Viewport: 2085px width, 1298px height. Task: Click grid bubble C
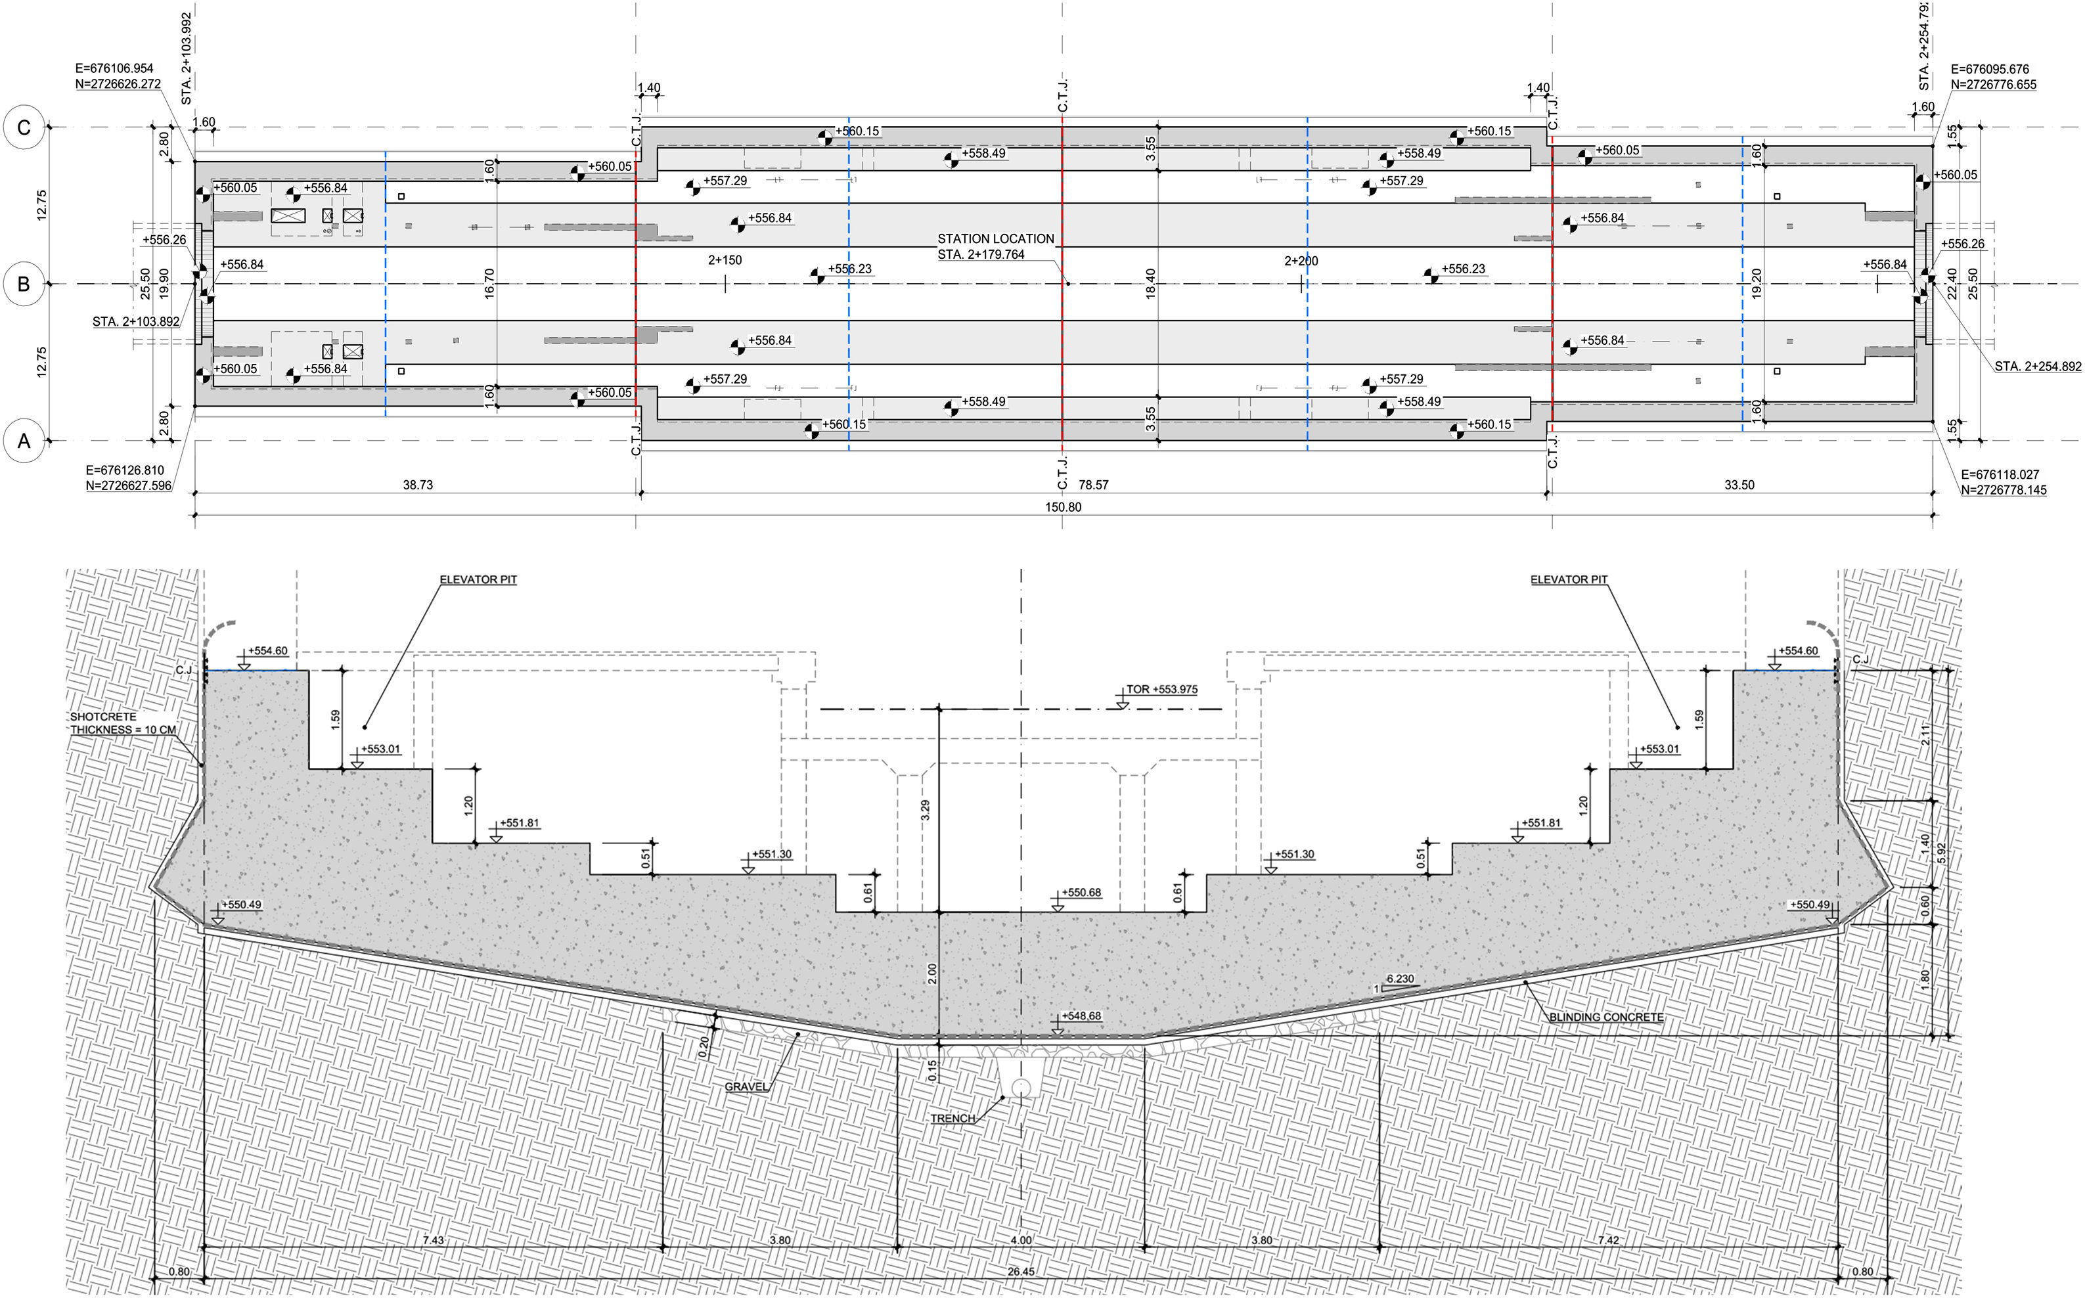[24, 128]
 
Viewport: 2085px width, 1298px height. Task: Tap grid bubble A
[24, 441]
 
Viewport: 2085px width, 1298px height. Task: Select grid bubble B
[24, 284]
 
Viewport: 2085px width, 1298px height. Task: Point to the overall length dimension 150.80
[1063, 507]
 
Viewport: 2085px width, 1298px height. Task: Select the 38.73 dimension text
[417, 485]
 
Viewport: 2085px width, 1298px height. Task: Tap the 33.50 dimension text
[1739, 485]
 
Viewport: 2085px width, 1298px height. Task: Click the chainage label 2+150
[725, 260]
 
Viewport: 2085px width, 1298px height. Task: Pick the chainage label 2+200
[1301, 261]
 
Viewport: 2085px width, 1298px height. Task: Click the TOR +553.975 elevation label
[1161, 689]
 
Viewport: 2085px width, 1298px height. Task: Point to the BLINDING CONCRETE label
[1605, 1018]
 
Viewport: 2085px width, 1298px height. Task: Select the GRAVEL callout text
[746, 1087]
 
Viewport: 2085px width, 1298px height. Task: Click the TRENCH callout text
[953, 1119]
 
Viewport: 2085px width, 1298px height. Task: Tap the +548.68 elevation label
[1081, 1016]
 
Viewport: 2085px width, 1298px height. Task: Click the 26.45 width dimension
[1021, 1271]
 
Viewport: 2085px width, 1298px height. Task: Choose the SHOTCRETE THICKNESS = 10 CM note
[123, 723]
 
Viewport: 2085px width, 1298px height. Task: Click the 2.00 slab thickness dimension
[932, 974]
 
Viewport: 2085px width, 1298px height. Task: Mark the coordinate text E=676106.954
[114, 69]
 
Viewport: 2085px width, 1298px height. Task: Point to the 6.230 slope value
[1400, 979]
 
